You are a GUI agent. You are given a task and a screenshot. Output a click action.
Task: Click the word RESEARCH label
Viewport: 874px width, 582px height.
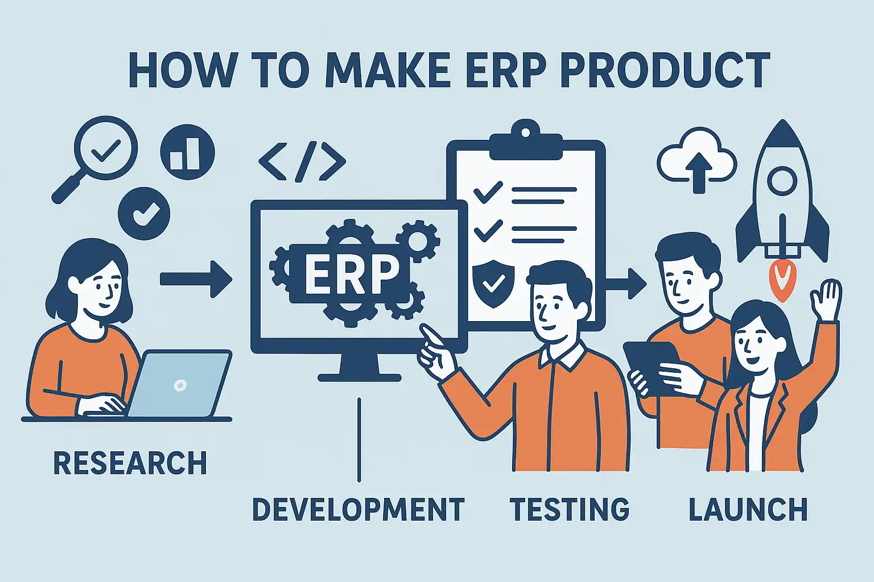pos(130,463)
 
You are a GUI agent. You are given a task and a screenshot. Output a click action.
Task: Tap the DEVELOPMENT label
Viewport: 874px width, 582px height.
pos(358,509)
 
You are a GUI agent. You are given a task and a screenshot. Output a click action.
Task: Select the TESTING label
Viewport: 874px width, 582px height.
pos(570,509)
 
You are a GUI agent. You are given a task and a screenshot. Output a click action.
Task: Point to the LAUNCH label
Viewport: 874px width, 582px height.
pos(748,509)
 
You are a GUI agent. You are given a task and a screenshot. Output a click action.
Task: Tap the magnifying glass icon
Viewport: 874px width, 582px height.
pos(95,160)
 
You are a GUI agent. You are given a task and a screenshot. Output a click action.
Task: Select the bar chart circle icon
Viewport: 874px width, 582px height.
pos(188,152)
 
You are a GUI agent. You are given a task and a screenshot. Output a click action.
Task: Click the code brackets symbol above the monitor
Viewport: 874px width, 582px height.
pos(302,161)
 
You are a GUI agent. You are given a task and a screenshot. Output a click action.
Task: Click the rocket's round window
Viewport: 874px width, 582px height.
pos(782,181)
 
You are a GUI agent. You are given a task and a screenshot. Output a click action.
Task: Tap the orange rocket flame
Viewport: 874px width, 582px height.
pos(782,281)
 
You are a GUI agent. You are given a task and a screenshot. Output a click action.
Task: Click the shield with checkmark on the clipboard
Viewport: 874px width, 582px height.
pos(493,282)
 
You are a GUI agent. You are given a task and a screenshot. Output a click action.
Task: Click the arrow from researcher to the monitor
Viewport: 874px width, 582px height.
pos(196,280)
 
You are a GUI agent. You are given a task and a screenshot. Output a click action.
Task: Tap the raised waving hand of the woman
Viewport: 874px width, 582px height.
pos(826,300)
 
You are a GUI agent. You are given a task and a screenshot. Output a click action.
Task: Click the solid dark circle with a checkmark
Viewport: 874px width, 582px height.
pos(144,214)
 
